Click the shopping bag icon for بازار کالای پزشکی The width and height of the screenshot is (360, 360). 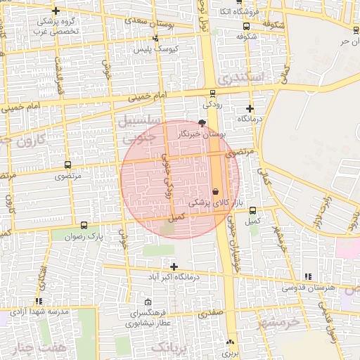[215, 191]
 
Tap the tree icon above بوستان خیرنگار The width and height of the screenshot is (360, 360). [203, 123]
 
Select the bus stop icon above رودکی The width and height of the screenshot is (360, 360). [212, 94]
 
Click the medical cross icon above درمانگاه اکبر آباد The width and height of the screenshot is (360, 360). [174, 266]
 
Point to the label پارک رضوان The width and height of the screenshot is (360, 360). [105, 237]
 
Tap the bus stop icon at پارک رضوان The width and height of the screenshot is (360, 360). [84, 226]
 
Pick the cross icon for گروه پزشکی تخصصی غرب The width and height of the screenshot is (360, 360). [56, 11]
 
